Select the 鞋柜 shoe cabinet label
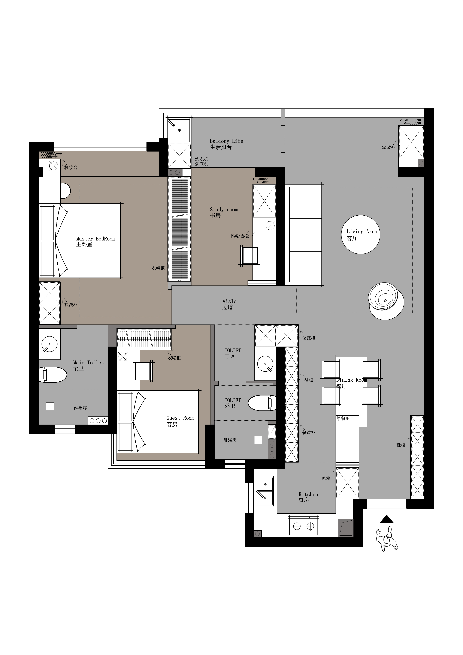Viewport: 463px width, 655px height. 401,445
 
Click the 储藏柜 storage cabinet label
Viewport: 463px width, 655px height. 309,338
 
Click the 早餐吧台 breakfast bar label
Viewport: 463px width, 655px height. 345,419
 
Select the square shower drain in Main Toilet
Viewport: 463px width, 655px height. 50,406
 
